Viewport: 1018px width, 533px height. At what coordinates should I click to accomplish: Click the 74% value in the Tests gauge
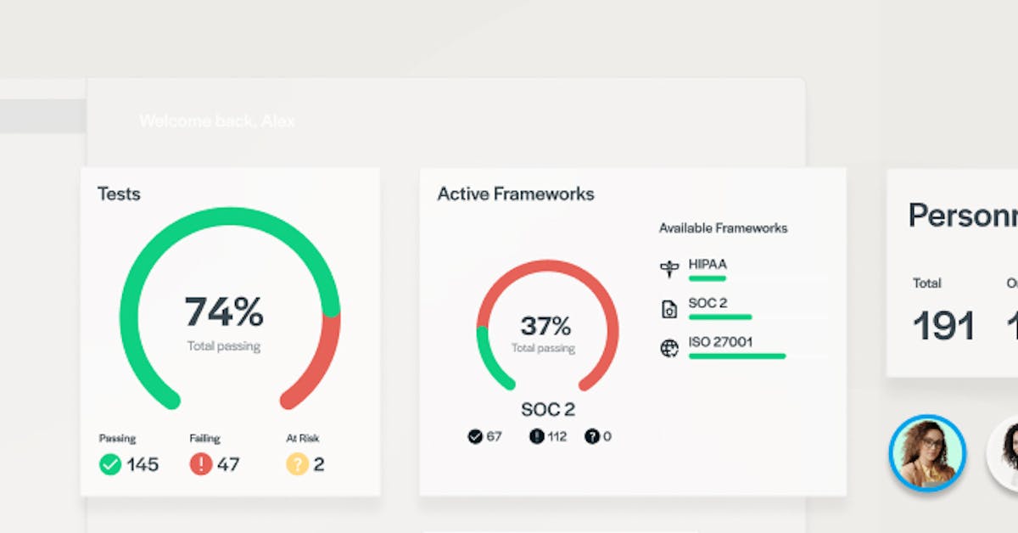tap(224, 312)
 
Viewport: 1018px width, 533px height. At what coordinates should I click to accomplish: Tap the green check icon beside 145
tap(110, 464)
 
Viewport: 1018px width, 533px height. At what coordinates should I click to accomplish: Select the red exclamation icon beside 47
tap(200, 464)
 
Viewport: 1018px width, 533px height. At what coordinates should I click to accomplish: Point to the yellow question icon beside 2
tap(296, 464)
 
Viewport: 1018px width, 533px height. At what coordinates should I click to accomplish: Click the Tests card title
tap(119, 194)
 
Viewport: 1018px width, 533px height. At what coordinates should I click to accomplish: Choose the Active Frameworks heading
tap(516, 194)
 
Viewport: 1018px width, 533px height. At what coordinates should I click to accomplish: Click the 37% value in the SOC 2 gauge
tap(545, 325)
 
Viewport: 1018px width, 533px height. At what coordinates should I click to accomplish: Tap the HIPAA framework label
tap(708, 264)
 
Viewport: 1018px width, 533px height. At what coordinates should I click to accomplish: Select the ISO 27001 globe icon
tap(669, 348)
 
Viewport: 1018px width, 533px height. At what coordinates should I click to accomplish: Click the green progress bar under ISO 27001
tap(736, 356)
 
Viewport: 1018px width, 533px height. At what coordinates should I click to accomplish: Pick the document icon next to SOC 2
tap(669, 310)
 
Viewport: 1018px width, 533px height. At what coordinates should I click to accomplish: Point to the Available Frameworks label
tap(723, 227)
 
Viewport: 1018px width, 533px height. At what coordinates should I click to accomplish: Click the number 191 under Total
tap(943, 326)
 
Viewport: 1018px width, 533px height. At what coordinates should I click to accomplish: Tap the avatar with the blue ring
tap(926, 452)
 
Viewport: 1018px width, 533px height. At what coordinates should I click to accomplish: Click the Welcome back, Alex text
tap(217, 121)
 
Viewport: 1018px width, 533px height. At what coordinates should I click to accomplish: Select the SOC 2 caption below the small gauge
tap(547, 410)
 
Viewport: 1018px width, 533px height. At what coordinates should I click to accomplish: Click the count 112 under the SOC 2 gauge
tap(557, 436)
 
